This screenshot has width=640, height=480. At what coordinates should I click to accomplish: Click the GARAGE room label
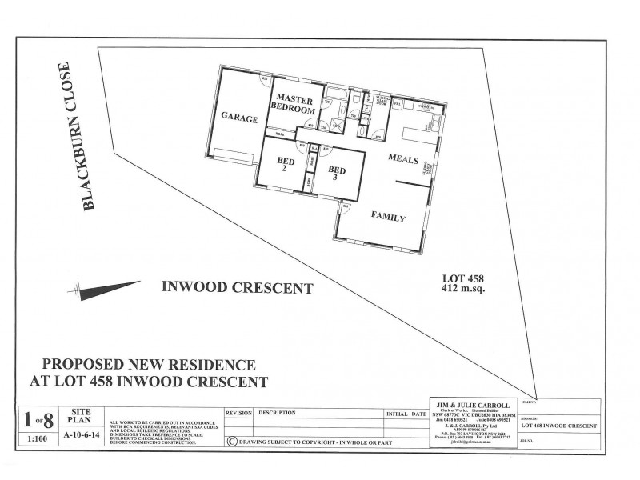[x=239, y=118]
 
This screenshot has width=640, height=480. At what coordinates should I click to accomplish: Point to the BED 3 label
[x=337, y=174]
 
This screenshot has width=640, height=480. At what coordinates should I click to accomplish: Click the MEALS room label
[x=403, y=160]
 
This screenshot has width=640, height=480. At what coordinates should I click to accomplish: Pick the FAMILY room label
[x=388, y=218]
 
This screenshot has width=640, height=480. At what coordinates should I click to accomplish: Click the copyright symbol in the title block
[x=232, y=439]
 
